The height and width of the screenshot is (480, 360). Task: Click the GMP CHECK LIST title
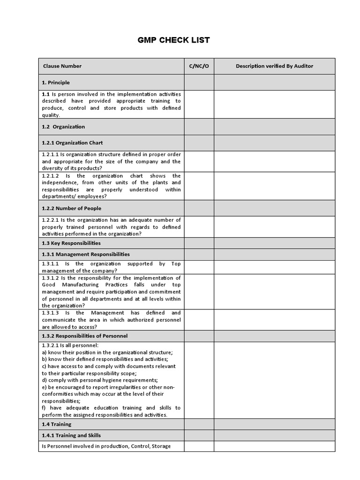(x=173, y=40)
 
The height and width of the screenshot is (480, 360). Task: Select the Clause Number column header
(x=62, y=66)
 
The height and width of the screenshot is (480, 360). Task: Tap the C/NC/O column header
(x=199, y=66)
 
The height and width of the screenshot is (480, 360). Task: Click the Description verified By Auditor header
(x=274, y=66)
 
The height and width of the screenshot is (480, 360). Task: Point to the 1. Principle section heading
(x=55, y=82)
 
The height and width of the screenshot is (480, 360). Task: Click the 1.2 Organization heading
(x=63, y=127)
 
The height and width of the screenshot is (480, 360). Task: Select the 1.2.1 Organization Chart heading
(x=72, y=143)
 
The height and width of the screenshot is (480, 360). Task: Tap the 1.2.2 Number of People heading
(x=71, y=208)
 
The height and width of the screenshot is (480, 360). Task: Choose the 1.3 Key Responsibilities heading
(x=71, y=243)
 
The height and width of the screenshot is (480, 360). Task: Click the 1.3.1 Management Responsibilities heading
(x=86, y=255)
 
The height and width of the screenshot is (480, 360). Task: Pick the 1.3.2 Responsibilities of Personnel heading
(x=84, y=336)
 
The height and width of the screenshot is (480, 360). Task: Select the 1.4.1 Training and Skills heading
(x=71, y=435)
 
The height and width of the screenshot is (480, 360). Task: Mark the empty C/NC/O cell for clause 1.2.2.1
(x=199, y=227)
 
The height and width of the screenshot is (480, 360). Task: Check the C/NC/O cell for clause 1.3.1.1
(x=199, y=267)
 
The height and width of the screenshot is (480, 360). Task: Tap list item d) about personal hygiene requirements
(x=99, y=380)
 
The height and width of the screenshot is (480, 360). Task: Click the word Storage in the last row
(x=161, y=446)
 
